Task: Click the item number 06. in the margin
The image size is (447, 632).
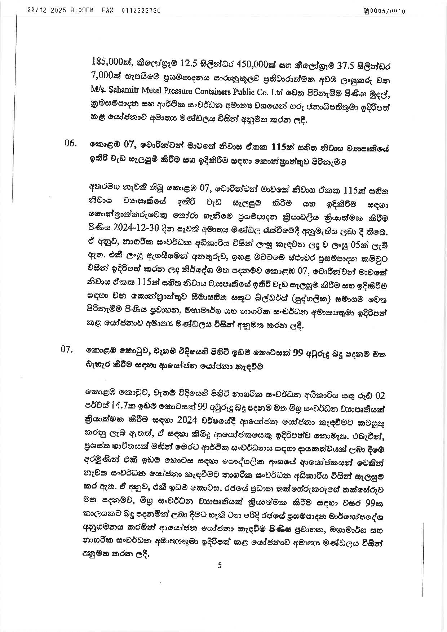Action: pyautogui.click(x=71, y=144)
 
